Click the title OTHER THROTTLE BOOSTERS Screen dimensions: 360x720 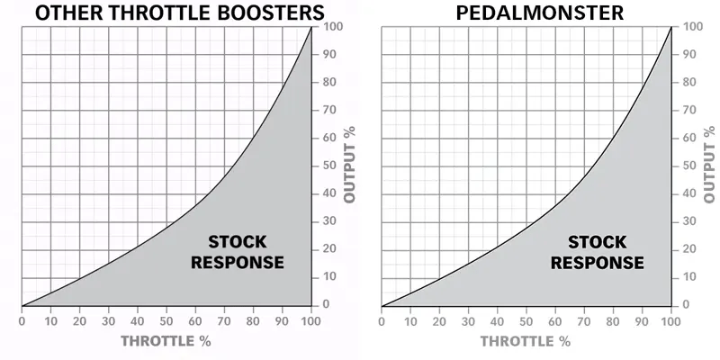click(168, 13)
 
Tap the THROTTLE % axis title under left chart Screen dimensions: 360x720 click(166, 341)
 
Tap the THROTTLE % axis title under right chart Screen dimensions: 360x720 click(525, 341)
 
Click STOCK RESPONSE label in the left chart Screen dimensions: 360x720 click(245, 252)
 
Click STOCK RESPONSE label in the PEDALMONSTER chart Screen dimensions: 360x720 click(597, 252)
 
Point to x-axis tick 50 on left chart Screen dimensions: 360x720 click(166, 319)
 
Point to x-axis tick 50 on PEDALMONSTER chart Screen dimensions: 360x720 click(526, 319)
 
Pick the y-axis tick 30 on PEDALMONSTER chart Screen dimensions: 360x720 click(688, 221)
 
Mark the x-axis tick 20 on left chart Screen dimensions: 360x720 click(79, 319)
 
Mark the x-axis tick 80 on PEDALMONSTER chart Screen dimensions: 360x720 click(612, 319)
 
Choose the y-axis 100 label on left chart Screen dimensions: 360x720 click(331, 27)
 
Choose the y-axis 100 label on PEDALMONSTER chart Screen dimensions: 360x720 click(691, 27)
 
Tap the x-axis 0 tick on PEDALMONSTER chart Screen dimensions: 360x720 click(382, 319)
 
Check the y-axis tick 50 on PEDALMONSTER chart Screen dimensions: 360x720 click(688, 166)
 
